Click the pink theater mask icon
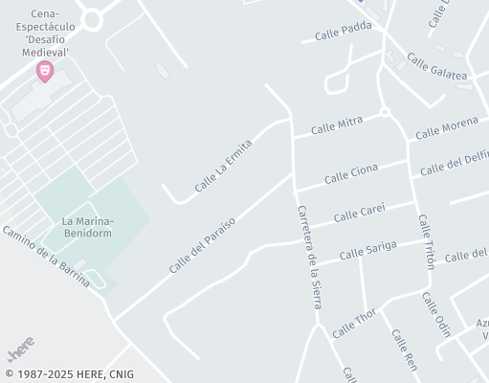(x=44, y=70)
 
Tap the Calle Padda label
(x=343, y=32)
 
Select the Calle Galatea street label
(x=436, y=67)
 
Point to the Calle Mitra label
(x=336, y=125)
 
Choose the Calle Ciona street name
(x=350, y=173)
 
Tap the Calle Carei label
(x=359, y=213)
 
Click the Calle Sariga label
(x=367, y=251)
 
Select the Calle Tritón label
(x=426, y=240)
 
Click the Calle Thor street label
(x=354, y=324)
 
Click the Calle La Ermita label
(x=222, y=166)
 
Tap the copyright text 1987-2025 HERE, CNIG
(x=69, y=374)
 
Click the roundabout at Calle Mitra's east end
(x=385, y=112)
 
